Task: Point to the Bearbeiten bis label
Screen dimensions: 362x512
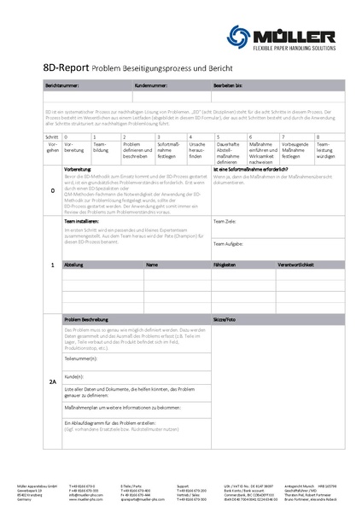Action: pyautogui.click(x=228, y=86)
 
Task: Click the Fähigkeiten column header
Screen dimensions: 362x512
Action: pyautogui.click(x=225, y=265)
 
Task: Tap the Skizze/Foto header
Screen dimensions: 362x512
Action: pyautogui.click(x=225, y=317)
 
